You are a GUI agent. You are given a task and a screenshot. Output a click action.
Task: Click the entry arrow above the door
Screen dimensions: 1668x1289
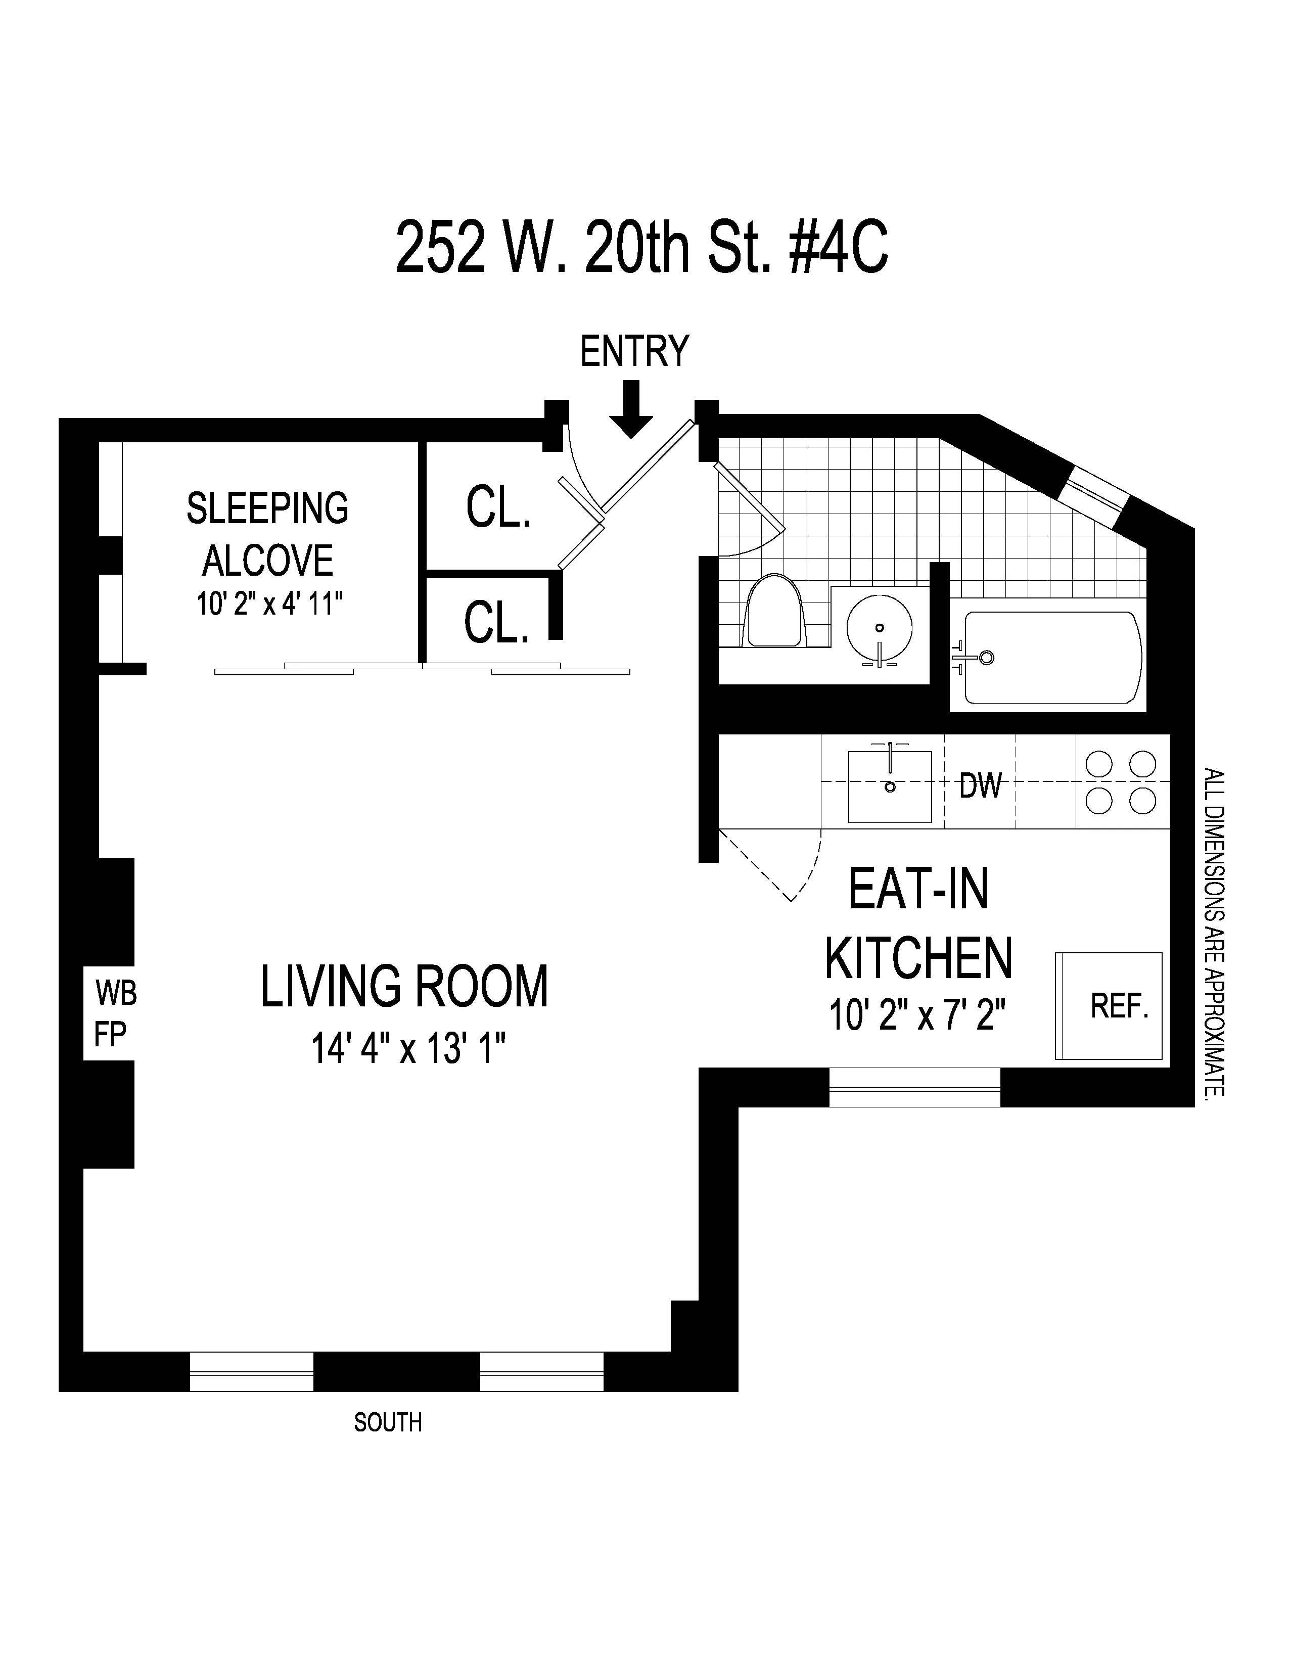(x=631, y=410)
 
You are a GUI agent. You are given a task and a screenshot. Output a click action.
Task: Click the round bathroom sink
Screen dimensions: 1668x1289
(x=879, y=627)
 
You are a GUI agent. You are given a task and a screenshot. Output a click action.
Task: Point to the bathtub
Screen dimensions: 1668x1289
(x=1052, y=657)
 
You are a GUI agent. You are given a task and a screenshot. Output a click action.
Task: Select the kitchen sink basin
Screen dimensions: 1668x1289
(x=890, y=786)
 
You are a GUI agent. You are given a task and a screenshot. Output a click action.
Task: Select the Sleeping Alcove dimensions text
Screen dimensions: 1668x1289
(x=269, y=605)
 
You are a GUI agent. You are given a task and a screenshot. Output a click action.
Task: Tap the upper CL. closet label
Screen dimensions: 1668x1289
(x=498, y=507)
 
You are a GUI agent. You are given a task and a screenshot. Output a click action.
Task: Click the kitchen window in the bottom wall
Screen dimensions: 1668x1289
(x=914, y=1087)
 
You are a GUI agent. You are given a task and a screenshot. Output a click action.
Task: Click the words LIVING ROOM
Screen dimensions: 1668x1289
(x=404, y=987)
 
